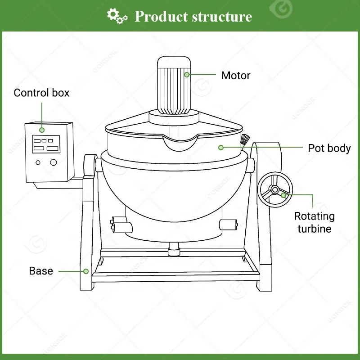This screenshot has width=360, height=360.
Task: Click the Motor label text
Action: pyautogui.click(x=235, y=75)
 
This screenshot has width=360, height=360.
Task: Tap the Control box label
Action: pyautogui.click(x=41, y=93)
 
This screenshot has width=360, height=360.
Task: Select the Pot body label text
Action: pyautogui.click(x=329, y=148)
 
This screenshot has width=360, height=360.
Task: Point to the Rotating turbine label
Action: pyautogui.click(x=314, y=222)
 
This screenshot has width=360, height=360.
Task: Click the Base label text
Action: pyautogui.click(x=41, y=271)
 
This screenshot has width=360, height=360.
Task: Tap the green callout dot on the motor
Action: pyautogui.click(x=187, y=75)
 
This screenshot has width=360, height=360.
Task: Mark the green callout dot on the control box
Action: pyautogui.click(x=42, y=130)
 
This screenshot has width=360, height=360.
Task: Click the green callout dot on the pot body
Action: pyautogui.click(x=221, y=147)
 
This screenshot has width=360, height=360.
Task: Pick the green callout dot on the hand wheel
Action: pyautogui.click(x=283, y=195)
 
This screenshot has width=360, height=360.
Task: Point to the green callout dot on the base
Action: pyautogui.click(x=85, y=271)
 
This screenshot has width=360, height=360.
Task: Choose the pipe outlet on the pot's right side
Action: pyautogui.click(x=227, y=224)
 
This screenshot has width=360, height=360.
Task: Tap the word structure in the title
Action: pyautogui.click(x=221, y=17)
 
